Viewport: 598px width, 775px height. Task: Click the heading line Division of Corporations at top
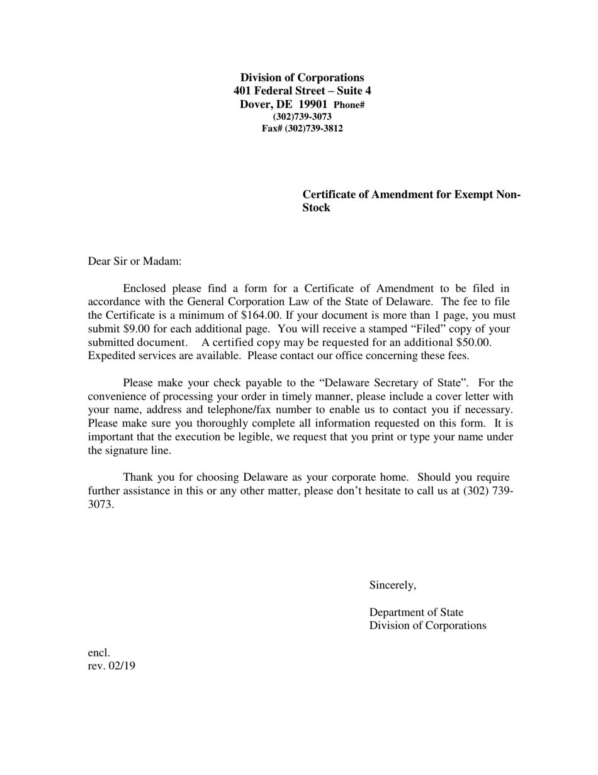[x=302, y=77]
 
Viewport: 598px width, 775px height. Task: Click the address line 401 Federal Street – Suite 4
[x=302, y=91]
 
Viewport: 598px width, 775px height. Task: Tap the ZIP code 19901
[x=312, y=104]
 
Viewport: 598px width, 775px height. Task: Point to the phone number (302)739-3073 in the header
[x=302, y=117]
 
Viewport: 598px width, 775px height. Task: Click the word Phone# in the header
[x=349, y=105]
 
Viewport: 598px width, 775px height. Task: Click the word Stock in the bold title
[x=316, y=208]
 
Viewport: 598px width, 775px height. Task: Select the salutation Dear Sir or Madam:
[x=135, y=261]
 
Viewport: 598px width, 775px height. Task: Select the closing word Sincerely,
[x=392, y=585]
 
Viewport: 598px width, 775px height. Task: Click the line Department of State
[x=416, y=612]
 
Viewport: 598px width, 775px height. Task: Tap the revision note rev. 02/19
[x=111, y=666]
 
